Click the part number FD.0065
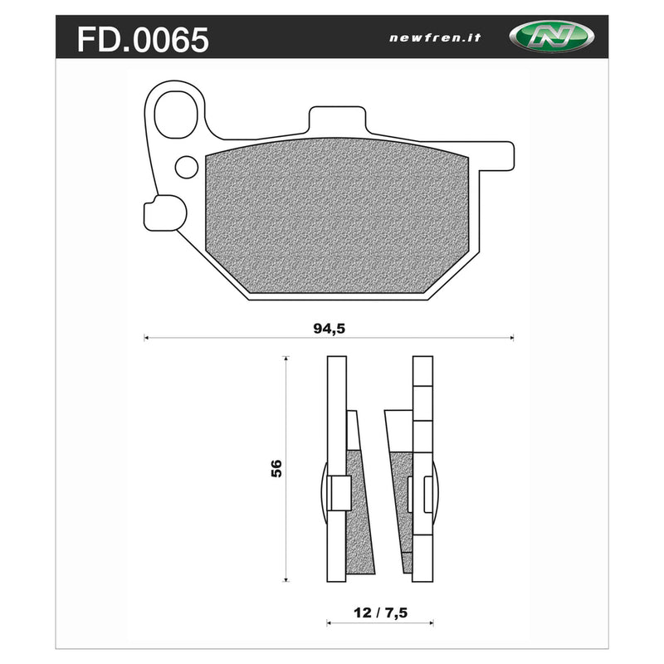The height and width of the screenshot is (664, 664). [x=143, y=38]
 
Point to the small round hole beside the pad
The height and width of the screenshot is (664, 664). [x=185, y=167]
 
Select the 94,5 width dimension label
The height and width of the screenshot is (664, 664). [x=329, y=327]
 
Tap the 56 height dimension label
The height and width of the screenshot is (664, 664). [x=276, y=468]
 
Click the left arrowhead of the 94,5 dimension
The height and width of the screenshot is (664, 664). [x=146, y=338]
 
